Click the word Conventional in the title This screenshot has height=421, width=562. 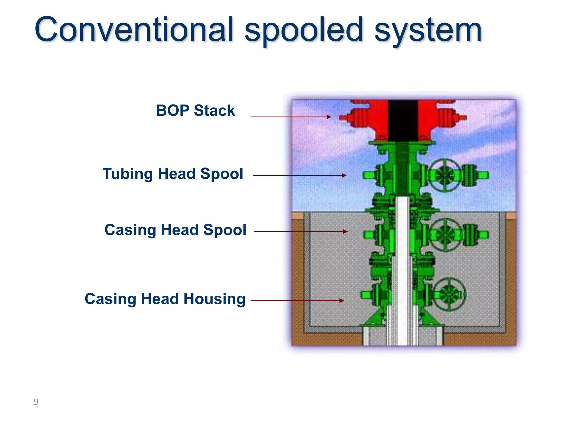(134, 29)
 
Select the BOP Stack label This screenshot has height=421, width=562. (195, 110)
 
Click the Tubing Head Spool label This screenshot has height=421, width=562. (173, 174)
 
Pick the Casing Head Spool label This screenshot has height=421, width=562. (175, 230)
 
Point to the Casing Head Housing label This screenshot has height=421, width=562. (165, 299)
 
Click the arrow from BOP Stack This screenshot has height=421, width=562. (291, 117)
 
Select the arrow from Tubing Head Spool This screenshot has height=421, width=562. (299, 175)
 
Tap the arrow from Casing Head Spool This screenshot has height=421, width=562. (300, 232)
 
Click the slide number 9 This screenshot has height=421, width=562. (36, 402)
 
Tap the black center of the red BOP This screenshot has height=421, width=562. (403, 121)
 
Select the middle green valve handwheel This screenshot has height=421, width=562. (446, 235)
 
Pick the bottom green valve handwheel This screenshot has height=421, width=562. (449, 294)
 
